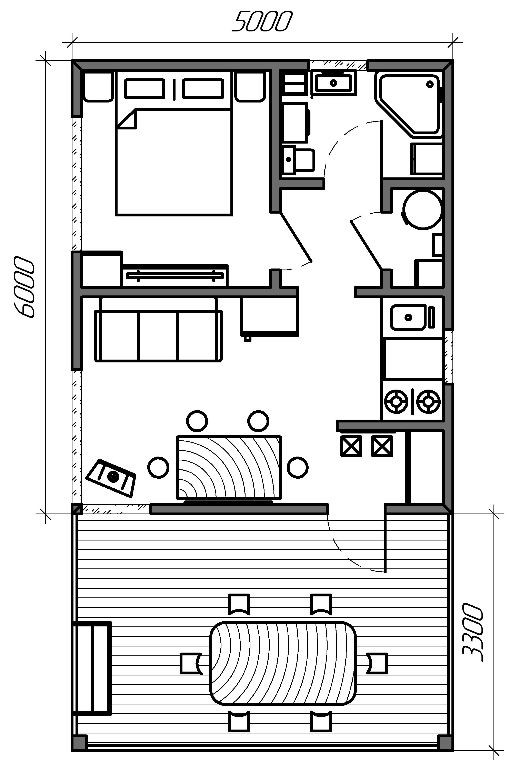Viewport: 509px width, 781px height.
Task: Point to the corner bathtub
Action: click(x=409, y=104)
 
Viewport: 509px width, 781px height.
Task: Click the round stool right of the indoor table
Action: click(x=298, y=468)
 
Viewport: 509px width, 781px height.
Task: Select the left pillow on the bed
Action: click(x=144, y=88)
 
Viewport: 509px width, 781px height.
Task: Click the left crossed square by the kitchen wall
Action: click(x=351, y=446)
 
